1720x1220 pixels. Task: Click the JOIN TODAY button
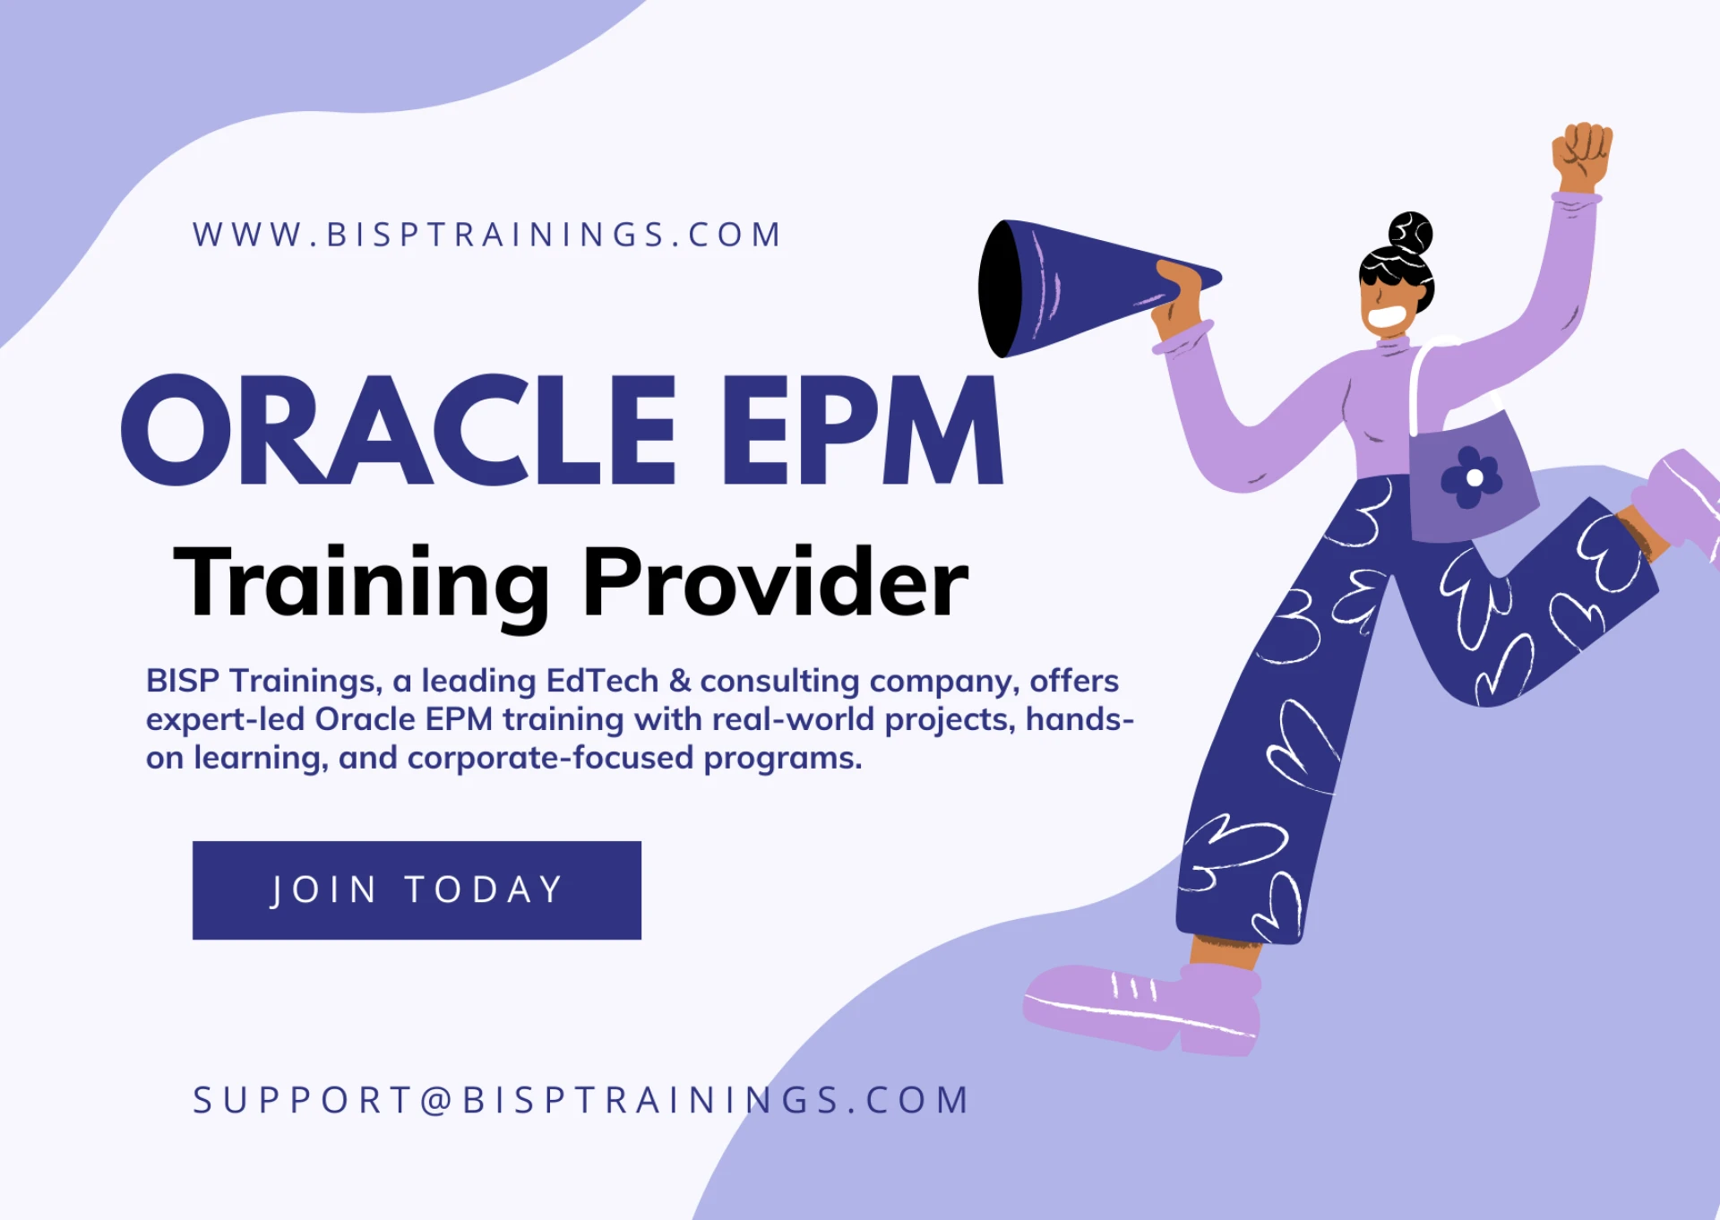pyautogui.click(x=417, y=889)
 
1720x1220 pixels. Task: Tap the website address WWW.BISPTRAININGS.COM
pyautogui.click(x=487, y=235)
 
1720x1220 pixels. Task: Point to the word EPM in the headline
pyautogui.click(x=862, y=432)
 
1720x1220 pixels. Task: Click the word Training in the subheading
pyautogui.click(x=360, y=583)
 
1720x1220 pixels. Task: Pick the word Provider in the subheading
pyautogui.click(x=776, y=583)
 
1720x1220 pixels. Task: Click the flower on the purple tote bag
pyautogui.click(x=1472, y=477)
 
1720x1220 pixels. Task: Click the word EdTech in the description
pyautogui.click(x=602, y=682)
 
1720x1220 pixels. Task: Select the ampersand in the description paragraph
pyautogui.click(x=680, y=682)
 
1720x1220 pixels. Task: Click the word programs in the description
pyautogui.click(x=782, y=759)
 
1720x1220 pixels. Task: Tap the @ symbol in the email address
pyautogui.click(x=436, y=1101)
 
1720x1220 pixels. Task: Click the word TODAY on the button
pyautogui.click(x=484, y=889)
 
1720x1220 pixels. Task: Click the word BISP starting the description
pyautogui.click(x=183, y=682)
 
